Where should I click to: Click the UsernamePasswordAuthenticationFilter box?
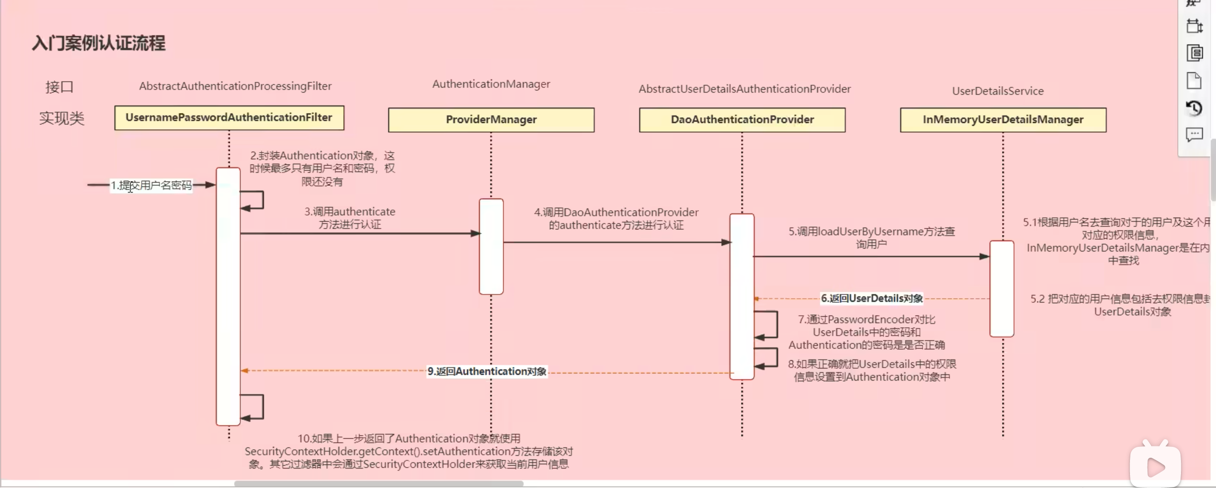[x=229, y=118]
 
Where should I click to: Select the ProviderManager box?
[x=491, y=120]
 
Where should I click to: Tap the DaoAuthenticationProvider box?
[x=742, y=120]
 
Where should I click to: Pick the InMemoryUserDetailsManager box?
[x=1003, y=120]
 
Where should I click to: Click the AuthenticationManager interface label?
[x=491, y=84]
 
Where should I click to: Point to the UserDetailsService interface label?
[x=998, y=91]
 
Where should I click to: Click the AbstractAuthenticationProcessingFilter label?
[x=235, y=86]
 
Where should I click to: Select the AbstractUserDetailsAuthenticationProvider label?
[x=744, y=89]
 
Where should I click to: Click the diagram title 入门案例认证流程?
[x=99, y=44]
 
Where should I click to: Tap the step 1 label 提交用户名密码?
[x=151, y=185]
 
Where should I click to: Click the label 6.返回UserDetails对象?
[x=871, y=298]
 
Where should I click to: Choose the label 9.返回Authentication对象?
[x=487, y=372]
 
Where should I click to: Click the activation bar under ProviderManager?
[x=491, y=246]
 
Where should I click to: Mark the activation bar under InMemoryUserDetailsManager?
[x=1001, y=288]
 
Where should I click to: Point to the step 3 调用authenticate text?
[x=349, y=218]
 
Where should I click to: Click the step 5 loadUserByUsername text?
[x=871, y=237]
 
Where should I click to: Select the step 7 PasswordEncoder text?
[x=866, y=332]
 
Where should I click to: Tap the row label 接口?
[x=60, y=87]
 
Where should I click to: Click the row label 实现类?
[x=61, y=118]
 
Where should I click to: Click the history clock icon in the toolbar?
[x=1194, y=108]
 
